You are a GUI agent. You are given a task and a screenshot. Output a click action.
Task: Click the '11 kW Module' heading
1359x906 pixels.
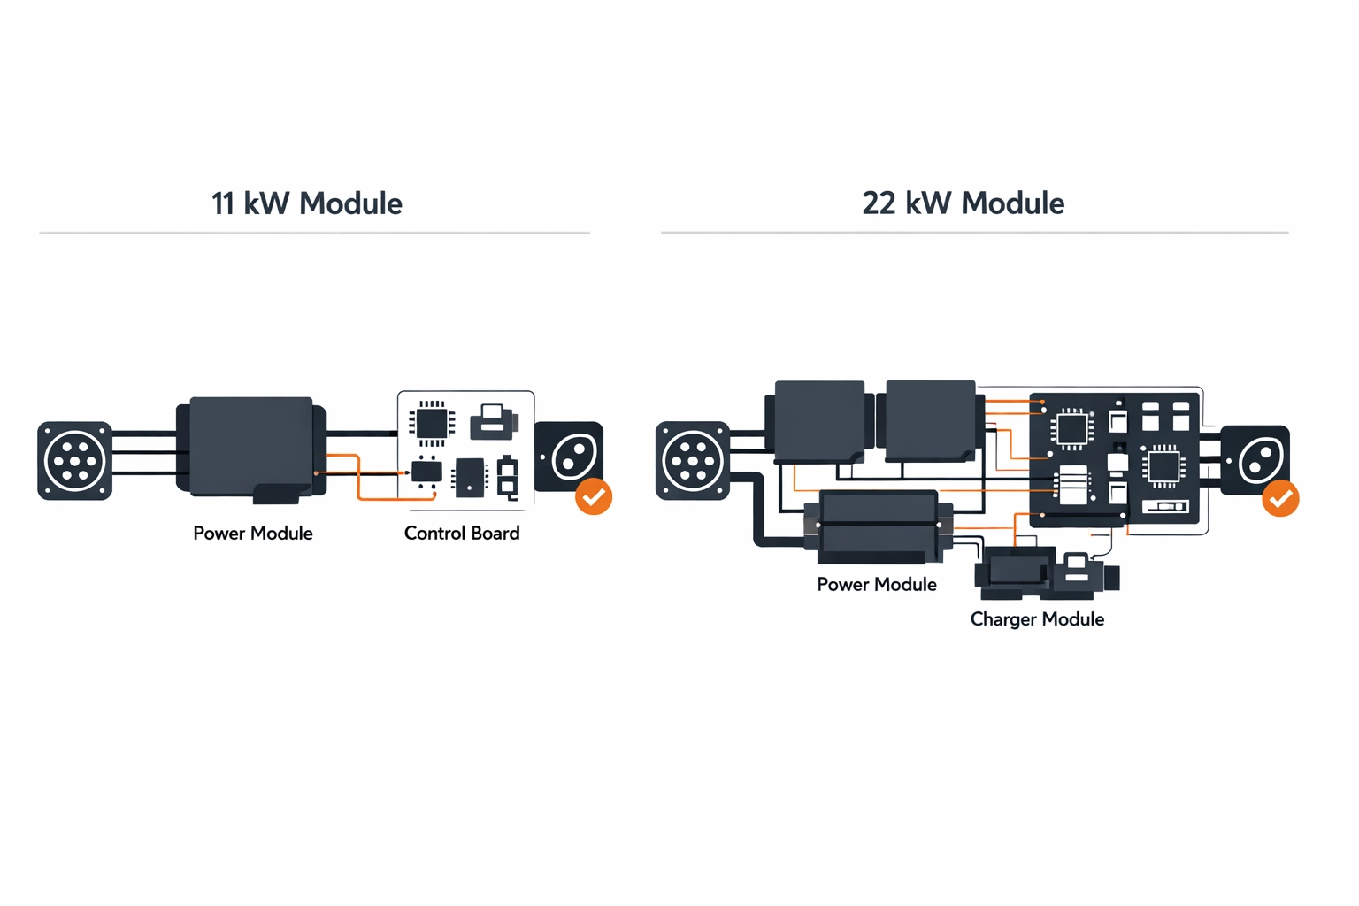[x=306, y=203]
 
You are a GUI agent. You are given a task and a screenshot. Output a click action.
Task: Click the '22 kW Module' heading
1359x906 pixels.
[x=963, y=203]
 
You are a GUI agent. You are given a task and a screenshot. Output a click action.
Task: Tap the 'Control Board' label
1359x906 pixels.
[x=461, y=533]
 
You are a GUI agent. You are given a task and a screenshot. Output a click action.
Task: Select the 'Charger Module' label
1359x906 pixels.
[x=1037, y=618]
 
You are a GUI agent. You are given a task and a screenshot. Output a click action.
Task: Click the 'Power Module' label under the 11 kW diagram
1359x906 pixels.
[x=253, y=533]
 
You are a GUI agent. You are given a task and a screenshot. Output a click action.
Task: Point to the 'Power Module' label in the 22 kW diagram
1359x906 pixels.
[x=876, y=584]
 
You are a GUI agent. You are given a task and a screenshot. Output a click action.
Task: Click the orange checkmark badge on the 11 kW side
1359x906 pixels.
[x=594, y=496]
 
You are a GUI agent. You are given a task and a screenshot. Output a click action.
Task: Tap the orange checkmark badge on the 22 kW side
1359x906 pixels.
[x=1280, y=499]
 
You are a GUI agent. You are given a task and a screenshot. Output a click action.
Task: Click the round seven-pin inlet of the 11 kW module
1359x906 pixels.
[x=75, y=461]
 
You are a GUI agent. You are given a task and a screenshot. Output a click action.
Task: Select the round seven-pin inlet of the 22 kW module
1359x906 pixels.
[x=693, y=461]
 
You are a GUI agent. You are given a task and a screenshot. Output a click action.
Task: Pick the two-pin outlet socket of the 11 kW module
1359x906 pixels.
[x=571, y=456]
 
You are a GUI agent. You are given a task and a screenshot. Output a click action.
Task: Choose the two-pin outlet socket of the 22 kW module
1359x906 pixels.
[x=1255, y=459]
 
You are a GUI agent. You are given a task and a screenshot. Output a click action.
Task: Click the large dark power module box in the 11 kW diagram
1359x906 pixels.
[x=251, y=447]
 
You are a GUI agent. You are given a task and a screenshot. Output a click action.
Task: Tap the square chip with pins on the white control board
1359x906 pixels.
[x=432, y=422]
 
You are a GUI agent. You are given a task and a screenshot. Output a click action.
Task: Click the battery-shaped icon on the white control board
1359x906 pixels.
[x=508, y=478]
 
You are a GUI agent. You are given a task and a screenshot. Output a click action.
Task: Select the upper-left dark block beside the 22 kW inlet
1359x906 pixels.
[x=818, y=420]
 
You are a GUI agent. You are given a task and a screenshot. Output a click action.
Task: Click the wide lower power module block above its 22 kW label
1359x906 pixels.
[x=878, y=526]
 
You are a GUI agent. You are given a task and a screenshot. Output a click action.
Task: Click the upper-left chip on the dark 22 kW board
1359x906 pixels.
[x=1071, y=429]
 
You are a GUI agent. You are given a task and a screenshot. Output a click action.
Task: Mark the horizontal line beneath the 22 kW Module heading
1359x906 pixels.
[x=974, y=233]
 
